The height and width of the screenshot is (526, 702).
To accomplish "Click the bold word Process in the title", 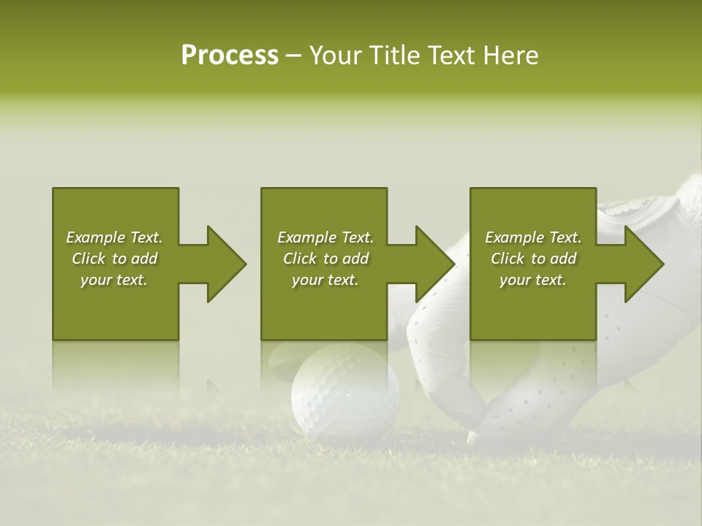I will pos(230,56).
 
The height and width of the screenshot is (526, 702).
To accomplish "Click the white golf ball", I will pos(344,392).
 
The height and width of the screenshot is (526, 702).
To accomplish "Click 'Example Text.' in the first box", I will pos(114,237).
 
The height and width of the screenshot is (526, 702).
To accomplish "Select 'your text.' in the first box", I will pos(114,280).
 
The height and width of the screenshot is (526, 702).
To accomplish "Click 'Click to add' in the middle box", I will pos(325,259).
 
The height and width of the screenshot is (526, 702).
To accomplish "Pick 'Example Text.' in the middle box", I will pos(325,237).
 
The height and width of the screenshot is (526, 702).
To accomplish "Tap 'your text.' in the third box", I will pos(533,280).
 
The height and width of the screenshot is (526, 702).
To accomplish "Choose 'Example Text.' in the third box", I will pos(533,237).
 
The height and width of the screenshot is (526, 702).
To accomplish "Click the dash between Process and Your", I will pos(293,56).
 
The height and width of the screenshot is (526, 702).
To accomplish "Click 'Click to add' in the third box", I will pos(533,259).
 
